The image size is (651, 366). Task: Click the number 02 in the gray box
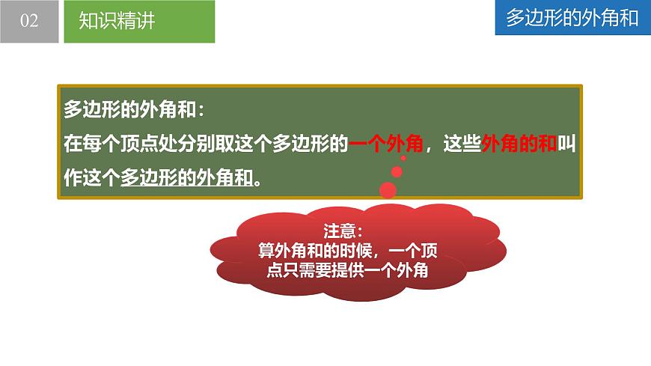pos(29,21)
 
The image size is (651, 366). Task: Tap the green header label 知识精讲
pos(117,21)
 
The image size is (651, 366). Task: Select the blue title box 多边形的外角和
pos(572,19)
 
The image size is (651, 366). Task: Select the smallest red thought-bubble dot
pos(403,158)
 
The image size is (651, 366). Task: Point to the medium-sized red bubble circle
pos(397,171)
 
